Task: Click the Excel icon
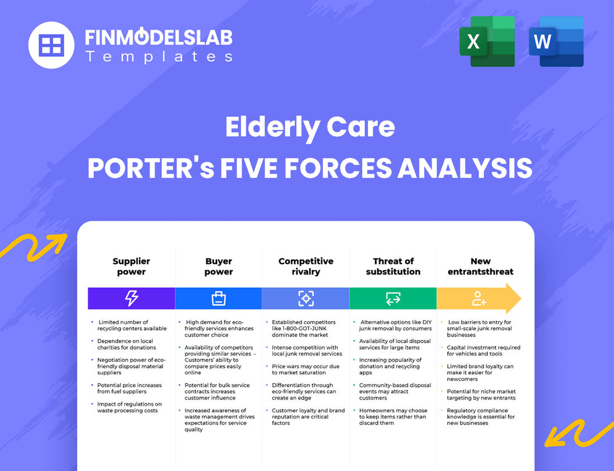[487, 42]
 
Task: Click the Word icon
[556, 42]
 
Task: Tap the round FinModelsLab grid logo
[51, 45]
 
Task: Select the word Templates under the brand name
[159, 56]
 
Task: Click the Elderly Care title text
[310, 127]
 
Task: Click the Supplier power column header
[131, 267]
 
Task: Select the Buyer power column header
[218, 267]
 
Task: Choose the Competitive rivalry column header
[305, 267]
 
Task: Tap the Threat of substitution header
[393, 267]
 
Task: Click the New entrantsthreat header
[480, 267]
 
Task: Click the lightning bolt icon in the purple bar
[131, 298]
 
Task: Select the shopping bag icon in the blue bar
[218, 298]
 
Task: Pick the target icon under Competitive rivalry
[305, 298]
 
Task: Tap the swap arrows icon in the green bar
[393, 298]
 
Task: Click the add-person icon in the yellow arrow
[479, 298]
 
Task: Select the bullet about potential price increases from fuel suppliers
[129, 388]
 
